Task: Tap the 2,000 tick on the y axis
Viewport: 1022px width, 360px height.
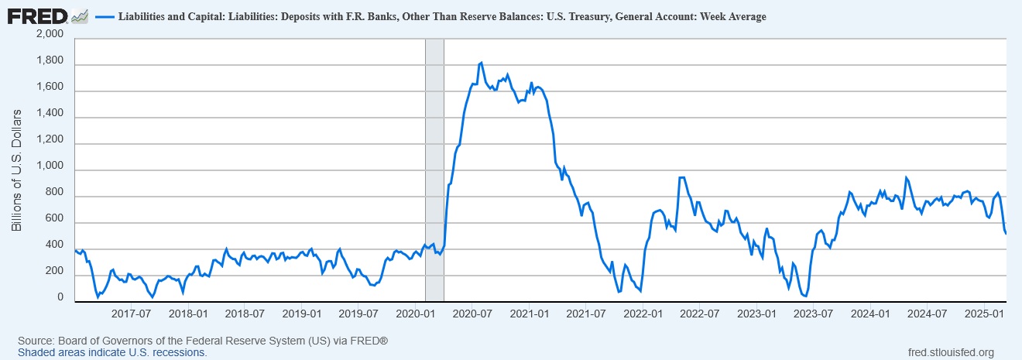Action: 49,35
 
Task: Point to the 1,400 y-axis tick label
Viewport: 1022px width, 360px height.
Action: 49,118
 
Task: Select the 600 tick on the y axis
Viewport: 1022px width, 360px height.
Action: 55,223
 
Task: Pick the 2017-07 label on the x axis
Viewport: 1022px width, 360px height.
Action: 131,314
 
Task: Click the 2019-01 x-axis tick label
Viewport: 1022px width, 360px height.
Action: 301,314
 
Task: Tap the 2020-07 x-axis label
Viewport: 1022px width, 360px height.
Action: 472,314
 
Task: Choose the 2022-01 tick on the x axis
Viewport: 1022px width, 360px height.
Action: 643,314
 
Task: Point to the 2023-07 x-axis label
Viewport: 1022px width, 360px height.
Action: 813,314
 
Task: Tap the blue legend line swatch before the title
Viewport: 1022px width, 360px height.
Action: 104,16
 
